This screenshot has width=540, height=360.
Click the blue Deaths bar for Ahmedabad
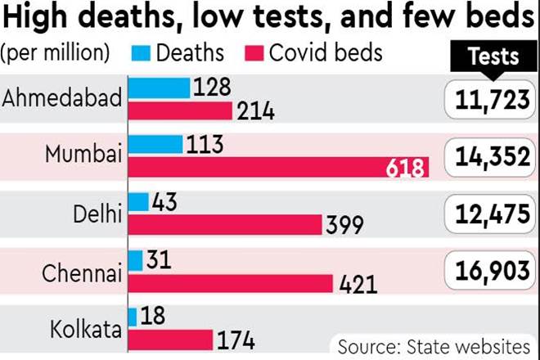[x=160, y=87]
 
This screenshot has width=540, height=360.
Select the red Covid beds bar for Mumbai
[x=278, y=168]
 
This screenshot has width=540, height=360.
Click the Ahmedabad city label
[x=62, y=98]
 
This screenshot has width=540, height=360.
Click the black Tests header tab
[x=493, y=56]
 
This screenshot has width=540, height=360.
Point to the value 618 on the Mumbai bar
[x=407, y=169]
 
